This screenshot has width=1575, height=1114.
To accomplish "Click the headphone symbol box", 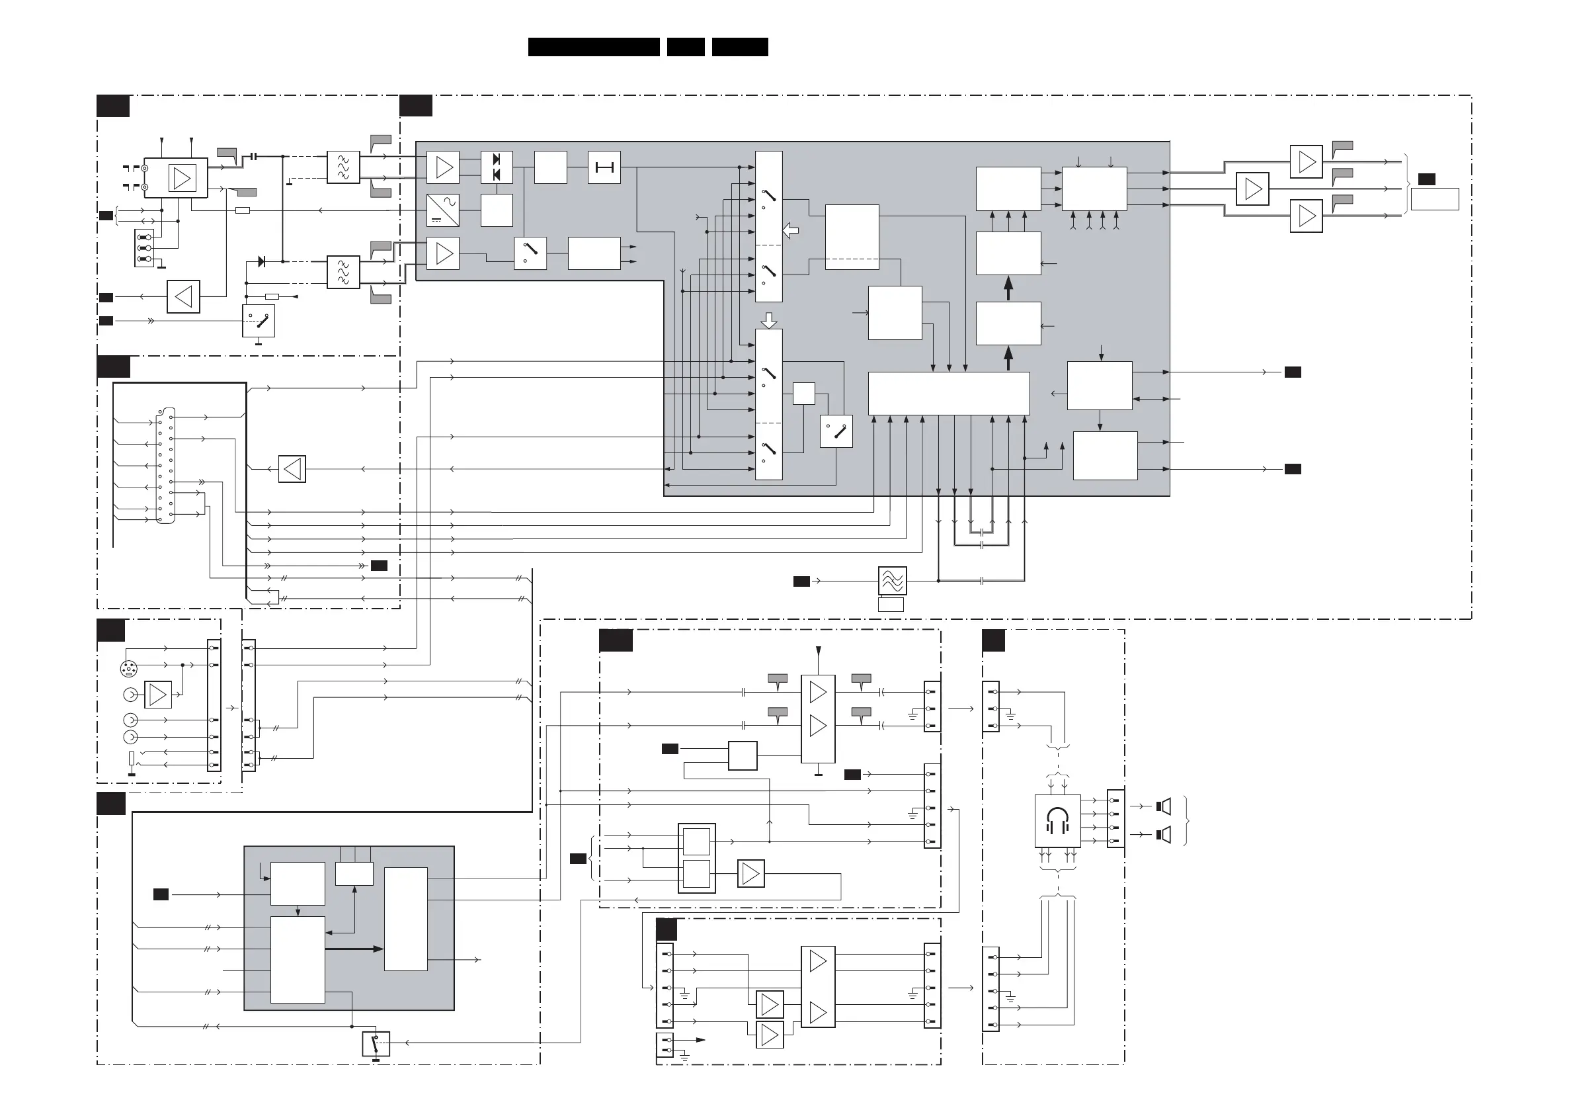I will (1057, 821).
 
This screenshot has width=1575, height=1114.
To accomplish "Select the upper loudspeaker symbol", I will (1164, 806).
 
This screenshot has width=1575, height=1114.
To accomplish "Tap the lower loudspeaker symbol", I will (1164, 835).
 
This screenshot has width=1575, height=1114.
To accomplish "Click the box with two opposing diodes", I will (497, 167).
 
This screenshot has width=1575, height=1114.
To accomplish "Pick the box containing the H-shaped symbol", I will (604, 167).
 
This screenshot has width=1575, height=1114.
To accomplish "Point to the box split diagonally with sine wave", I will (442, 210).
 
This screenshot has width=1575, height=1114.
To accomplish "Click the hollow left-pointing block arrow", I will (791, 231).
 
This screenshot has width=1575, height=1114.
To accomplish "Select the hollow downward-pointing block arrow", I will (769, 321).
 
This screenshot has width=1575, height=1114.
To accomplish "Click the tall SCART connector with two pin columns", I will (165, 465).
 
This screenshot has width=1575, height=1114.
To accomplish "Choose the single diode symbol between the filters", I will (261, 261).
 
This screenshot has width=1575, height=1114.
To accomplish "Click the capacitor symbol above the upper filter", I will (254, 157).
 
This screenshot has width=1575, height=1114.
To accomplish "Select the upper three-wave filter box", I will (343, 167).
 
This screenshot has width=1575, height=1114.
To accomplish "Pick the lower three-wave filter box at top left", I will (343, 272).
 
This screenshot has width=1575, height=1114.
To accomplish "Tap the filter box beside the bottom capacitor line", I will (893, 581).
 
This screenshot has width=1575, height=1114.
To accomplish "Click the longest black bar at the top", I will (593, 47).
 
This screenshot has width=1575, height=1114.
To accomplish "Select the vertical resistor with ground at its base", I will (132, 760).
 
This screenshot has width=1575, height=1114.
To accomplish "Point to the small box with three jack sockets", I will (144, 248).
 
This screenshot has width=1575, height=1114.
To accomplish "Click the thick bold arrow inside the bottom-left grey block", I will (354, 949).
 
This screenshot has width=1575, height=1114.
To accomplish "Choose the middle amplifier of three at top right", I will (1252, 189).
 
